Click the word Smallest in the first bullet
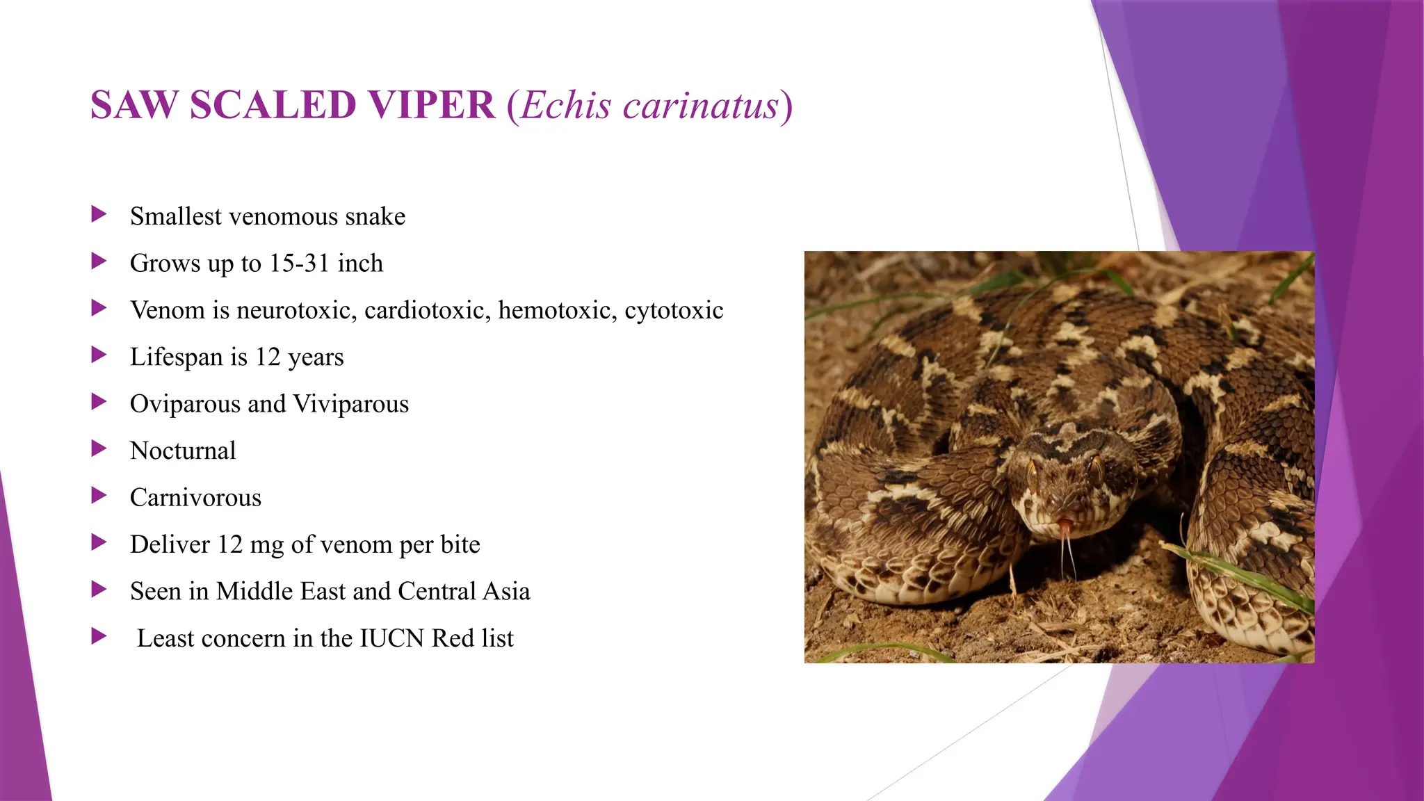pyautogui.click(x=175, y=216)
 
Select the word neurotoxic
pyautogui.click(x=296, y=310)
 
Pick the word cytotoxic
pyautogui.click(x=674, y=310)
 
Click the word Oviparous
pyautogui.click(x=185, y=404)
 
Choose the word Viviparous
pyautogui.click(x=350, y=404)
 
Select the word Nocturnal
pyautogui.click(x=183, y=451)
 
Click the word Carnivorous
pyautogui.click(x=195, y=498)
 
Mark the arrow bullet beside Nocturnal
pyautogui.click(x=99, y=449)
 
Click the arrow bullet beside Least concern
pyautogui.click(x=99, y=636)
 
